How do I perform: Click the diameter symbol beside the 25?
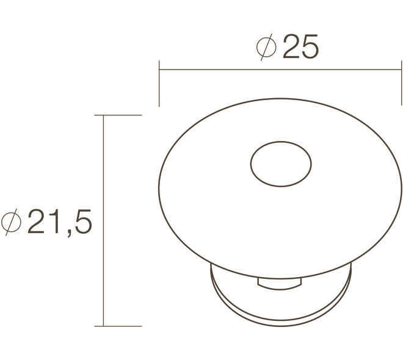pos(266,47)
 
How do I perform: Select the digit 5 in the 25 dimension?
pos(310,47)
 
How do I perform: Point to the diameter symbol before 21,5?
pos(11,222)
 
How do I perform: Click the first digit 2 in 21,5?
pos(36,221)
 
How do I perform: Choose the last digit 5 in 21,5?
pos(84,221)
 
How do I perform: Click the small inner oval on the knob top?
pos(281,142)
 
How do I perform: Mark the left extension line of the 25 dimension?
pos(159,84)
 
